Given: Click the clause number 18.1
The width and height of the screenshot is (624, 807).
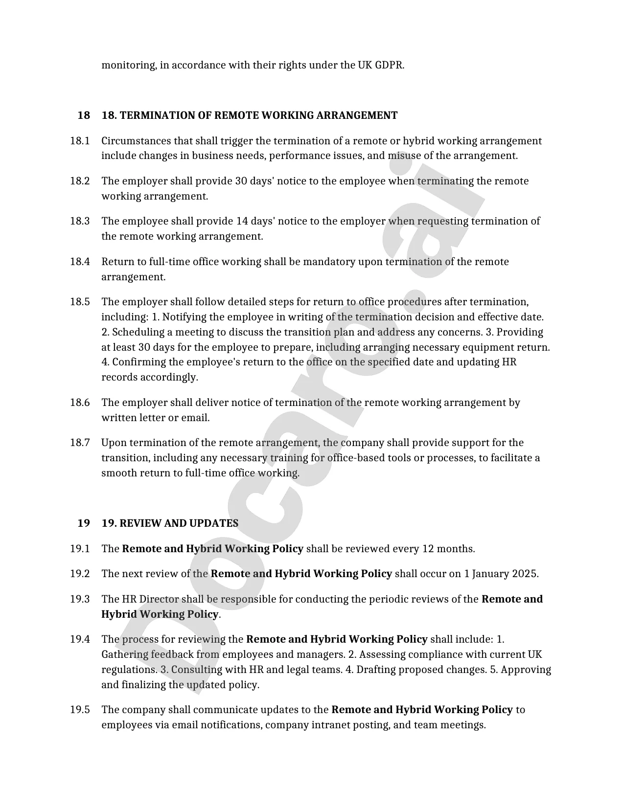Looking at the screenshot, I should (80, 141).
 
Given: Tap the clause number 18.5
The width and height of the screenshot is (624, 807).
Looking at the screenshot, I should (80, 302).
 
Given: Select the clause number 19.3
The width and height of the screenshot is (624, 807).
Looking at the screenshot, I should (80, 599).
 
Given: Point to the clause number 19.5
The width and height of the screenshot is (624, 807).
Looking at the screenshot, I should (80, 710).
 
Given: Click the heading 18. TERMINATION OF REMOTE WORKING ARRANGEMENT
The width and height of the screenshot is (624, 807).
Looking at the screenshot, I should (250, 115).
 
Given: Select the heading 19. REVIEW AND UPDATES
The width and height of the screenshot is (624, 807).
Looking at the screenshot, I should (170, 523).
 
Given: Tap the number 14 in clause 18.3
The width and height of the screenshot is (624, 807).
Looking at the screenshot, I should (242, 221).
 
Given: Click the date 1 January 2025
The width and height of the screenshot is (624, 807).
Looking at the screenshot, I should (501, 574).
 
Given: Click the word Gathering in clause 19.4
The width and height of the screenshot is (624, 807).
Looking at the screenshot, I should (125, 654).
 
